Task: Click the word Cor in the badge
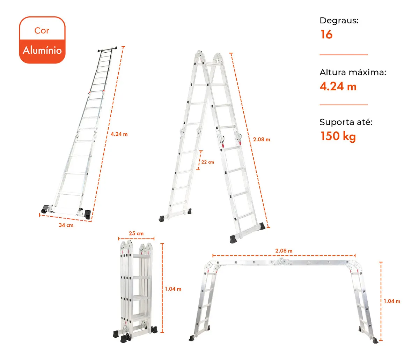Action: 42,31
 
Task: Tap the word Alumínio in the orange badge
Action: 42,50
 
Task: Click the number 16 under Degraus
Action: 326,35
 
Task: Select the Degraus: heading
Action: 339,21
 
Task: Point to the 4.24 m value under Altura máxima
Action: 338,87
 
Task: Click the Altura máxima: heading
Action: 353,72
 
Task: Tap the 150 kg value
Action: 338,136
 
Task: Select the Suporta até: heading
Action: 346,122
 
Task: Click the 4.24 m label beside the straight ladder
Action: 119,134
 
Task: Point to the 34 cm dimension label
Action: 66,225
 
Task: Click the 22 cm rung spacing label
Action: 207,162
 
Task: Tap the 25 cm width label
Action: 136,233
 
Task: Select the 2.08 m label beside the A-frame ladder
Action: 262,140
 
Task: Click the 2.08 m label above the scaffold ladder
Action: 284,251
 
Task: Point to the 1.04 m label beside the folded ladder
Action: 173,289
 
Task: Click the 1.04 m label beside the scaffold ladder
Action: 392,301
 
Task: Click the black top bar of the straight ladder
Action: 107,49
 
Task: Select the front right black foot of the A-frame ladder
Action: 234,238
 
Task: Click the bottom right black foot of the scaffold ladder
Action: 375,340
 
